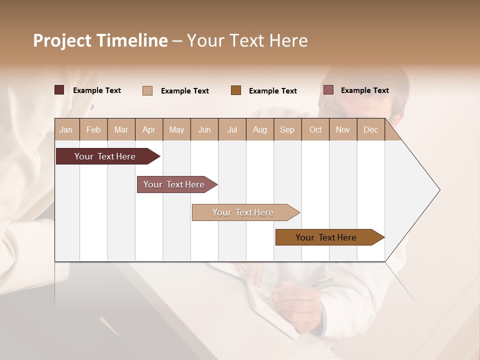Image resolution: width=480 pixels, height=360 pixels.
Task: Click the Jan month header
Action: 66,129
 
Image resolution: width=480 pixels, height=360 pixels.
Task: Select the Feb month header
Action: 93,129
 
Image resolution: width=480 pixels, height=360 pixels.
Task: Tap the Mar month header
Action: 121,129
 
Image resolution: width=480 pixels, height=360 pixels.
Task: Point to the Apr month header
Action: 149,129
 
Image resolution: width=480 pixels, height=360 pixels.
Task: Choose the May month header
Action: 176,129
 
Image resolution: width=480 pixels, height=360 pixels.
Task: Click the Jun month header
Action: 204,129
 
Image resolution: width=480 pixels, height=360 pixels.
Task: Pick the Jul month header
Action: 232,129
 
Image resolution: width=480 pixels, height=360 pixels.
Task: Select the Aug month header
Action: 260,129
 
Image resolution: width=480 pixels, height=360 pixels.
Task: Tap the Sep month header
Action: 287,129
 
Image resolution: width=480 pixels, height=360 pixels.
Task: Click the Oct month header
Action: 315,129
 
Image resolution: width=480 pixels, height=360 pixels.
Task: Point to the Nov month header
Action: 343,129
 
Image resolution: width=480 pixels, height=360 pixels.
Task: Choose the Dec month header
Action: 370,129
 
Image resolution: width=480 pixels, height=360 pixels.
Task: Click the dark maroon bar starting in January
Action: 105,156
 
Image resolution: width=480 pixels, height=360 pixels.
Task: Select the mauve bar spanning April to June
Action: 174,184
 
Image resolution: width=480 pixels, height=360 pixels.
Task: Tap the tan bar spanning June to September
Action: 243,212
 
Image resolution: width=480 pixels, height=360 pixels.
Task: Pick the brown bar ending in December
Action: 326,237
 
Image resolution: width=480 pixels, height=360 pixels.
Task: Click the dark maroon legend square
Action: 59,90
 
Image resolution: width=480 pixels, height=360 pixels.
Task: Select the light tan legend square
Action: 147,90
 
